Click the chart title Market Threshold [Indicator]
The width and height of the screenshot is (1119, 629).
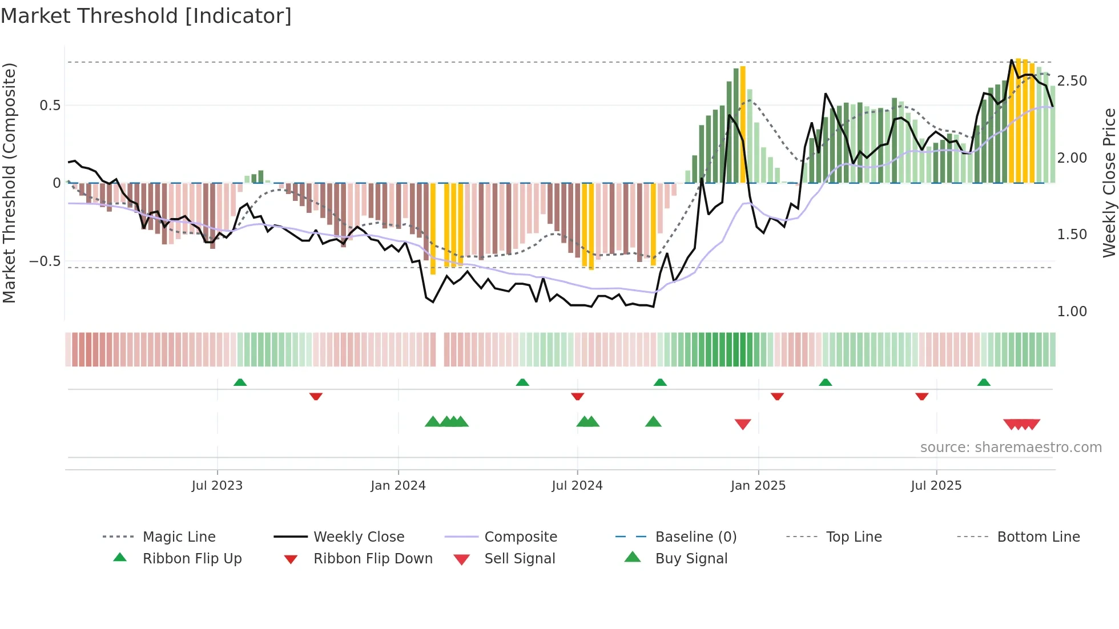pos(146,16)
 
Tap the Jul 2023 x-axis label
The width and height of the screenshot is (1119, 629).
pos(217,486)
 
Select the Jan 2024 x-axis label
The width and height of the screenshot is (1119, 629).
pos(398,486)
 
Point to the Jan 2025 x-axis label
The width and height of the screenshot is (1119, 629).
pos(758,486)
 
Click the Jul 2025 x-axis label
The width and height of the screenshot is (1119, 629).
pos(936,486)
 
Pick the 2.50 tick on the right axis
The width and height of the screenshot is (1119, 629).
pos(1072,81)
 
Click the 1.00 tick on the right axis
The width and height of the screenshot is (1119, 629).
pos(1072,312)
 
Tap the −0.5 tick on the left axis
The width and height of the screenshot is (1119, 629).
pos(45,261)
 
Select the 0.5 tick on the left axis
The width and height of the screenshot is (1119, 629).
pos(50,106)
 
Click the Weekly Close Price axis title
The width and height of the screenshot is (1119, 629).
pos(1109,183)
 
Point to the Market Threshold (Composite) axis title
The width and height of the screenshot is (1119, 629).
pos(9,183)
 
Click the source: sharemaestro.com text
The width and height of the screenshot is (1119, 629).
pos(1011,447)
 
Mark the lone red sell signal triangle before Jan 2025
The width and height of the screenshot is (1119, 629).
pos(743,424)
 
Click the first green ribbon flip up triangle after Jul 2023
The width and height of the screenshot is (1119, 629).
pos(240,382)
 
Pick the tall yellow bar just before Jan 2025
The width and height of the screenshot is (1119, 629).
pos(743,124)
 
